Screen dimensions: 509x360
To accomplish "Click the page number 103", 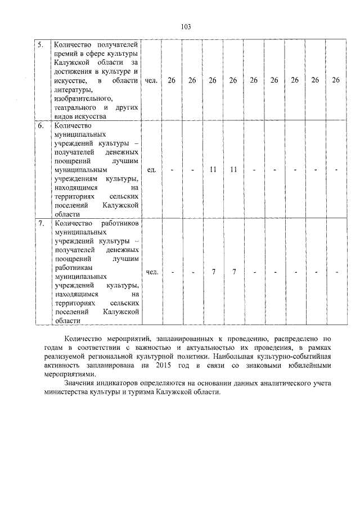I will tap(186, 27).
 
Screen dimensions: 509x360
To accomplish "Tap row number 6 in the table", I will tap(40, 126).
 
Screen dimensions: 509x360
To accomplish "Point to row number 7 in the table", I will tap(40, 223).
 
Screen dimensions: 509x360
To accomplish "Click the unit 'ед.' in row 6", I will tap(151, 169).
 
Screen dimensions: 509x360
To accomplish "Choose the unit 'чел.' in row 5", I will tap(151, 80).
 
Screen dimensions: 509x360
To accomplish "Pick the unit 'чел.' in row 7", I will tap(151, 272).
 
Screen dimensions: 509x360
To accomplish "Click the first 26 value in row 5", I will tap(172, 80).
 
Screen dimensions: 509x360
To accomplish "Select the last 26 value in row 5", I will tap(336, 80).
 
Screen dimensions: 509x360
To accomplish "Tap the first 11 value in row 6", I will tap(213, 169).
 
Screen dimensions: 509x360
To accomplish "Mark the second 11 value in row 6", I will tap(233, 169).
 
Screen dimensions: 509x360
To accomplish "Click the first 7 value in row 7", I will tap(213, 272).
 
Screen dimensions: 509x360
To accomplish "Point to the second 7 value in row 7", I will tap(233, 272).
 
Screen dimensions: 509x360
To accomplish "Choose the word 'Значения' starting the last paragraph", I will tap(79, 384).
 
